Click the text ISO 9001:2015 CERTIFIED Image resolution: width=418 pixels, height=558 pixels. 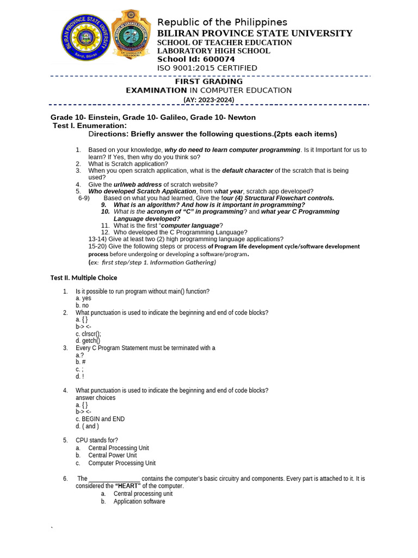207,68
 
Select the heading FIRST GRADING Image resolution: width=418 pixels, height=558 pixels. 208,81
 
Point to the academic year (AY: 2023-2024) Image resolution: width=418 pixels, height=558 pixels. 208,99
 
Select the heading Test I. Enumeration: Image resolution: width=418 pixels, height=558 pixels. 90,125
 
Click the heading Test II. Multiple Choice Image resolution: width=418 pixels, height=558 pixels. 84,277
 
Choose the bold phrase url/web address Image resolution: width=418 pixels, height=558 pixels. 138,184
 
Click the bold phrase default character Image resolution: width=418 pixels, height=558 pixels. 248,170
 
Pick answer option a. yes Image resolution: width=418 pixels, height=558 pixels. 83,299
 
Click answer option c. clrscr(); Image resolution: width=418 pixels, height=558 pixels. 88,333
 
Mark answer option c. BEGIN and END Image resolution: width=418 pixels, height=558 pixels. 100,419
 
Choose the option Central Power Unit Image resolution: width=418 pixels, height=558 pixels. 113,455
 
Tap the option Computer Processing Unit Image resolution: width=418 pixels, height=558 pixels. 122,463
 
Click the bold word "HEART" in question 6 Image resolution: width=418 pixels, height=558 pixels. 128,486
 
